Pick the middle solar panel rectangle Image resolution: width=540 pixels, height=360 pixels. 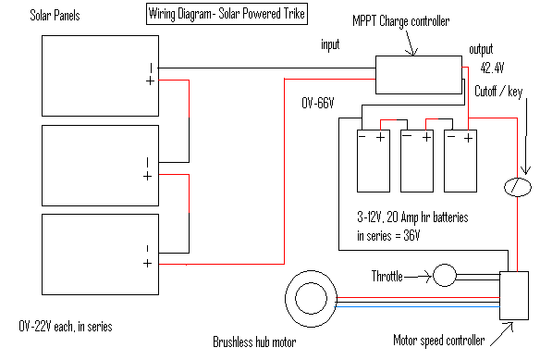(x=98, y=166)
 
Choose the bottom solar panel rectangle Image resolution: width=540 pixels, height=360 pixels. (x=98, y=254)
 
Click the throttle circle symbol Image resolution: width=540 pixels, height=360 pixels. (x=445, y=275)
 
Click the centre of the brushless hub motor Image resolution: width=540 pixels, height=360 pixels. (x=316, y=299)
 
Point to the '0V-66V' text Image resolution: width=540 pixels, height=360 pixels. (x=323, y=103)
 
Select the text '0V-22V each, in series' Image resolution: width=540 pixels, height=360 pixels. (x=67, y=328)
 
